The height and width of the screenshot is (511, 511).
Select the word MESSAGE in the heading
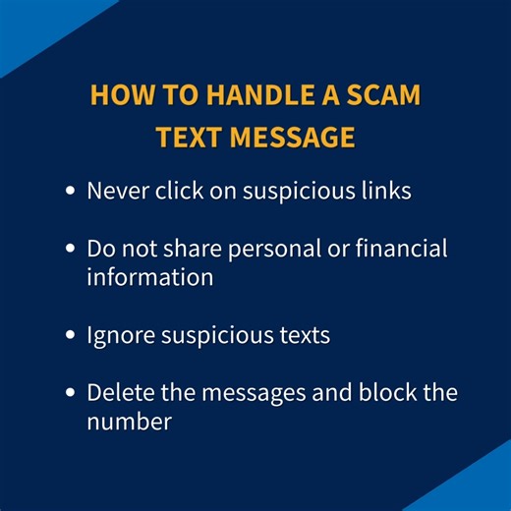293,138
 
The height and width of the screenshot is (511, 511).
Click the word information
149,276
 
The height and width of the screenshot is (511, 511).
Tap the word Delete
120,392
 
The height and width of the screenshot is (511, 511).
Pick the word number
129,422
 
